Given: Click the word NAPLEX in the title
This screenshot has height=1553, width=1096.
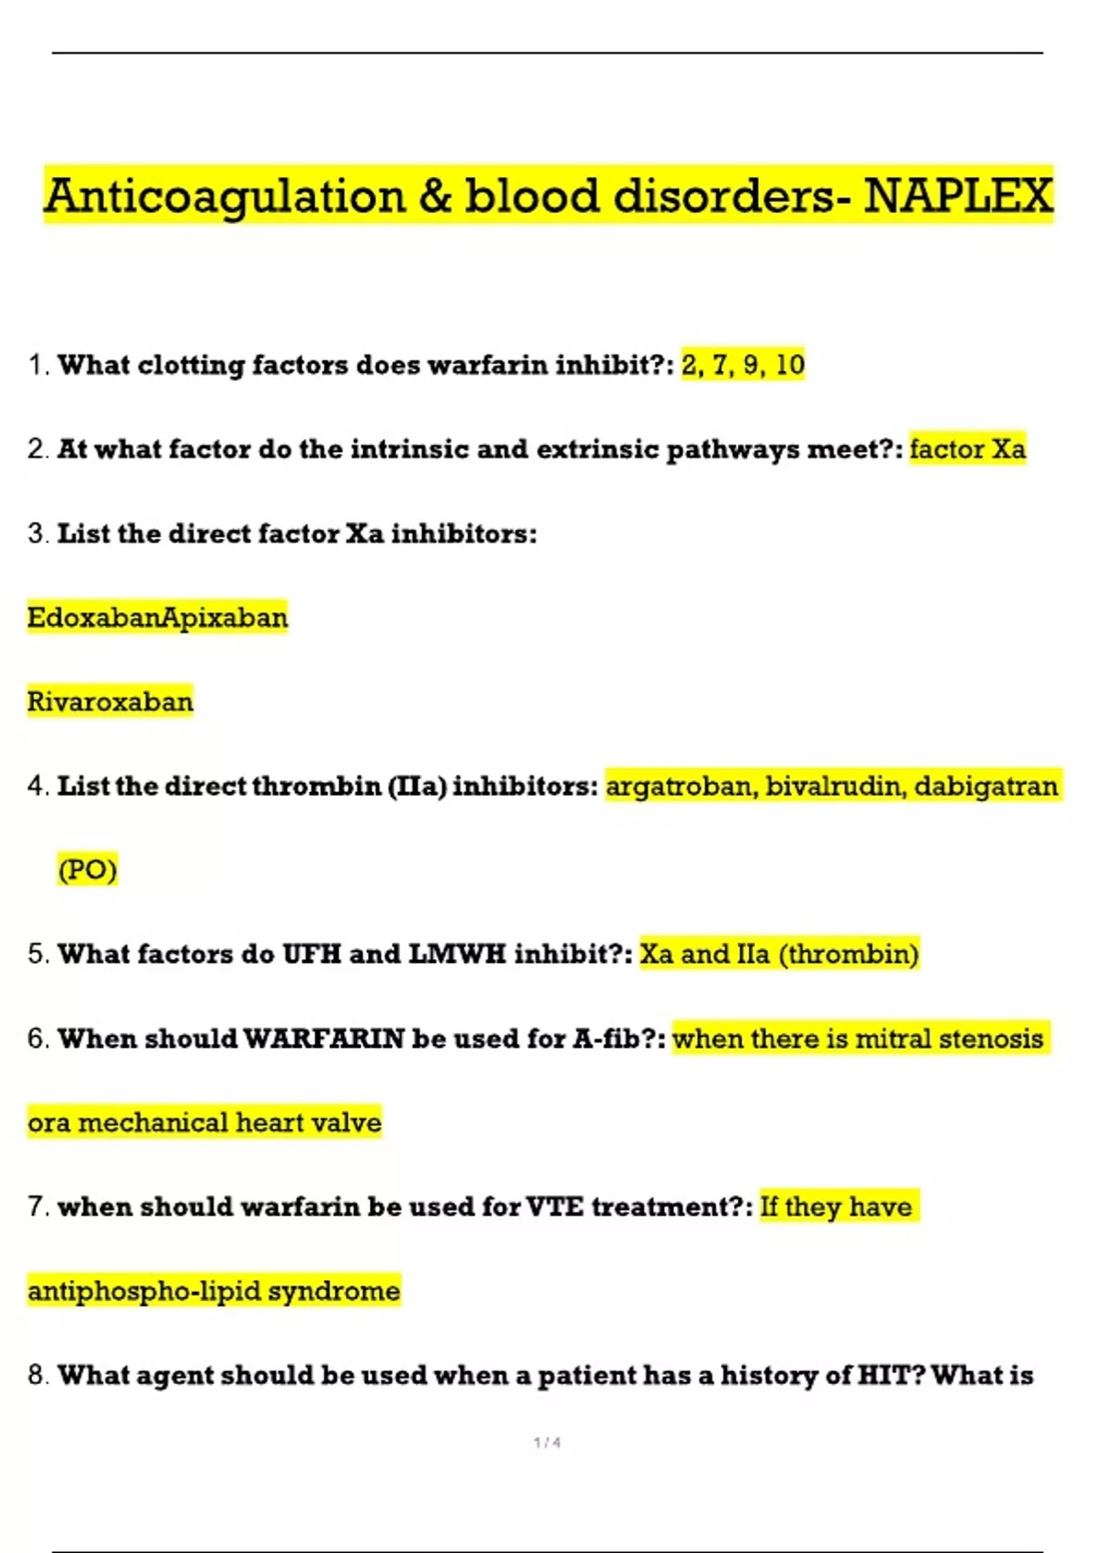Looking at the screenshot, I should click(958, 195).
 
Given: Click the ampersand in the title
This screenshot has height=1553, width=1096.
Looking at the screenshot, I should click(436, 195).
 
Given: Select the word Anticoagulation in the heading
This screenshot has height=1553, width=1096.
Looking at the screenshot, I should click(225, 195).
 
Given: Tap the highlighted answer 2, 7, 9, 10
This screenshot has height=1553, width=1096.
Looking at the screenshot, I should click(743, 364).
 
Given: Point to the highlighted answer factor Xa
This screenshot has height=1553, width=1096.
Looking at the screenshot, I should click(967, 449).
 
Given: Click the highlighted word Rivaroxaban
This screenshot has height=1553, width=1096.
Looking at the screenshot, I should click(111, 702).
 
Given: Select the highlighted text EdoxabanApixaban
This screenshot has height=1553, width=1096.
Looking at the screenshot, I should click(157, 618).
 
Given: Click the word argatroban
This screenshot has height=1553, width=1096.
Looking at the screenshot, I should click(680, 786).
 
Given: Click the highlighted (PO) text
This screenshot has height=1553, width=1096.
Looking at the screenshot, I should click(88, 869).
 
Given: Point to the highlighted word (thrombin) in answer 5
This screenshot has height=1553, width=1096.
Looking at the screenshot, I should click(848, 954).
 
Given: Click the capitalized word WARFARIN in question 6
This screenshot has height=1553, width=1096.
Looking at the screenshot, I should click(324, 1039).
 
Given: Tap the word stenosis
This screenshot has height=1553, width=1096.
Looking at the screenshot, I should click(991, 1039).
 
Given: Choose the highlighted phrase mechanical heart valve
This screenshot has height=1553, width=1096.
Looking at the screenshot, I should click(230, 1122).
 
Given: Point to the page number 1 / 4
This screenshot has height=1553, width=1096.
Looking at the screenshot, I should click(547, 1442).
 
